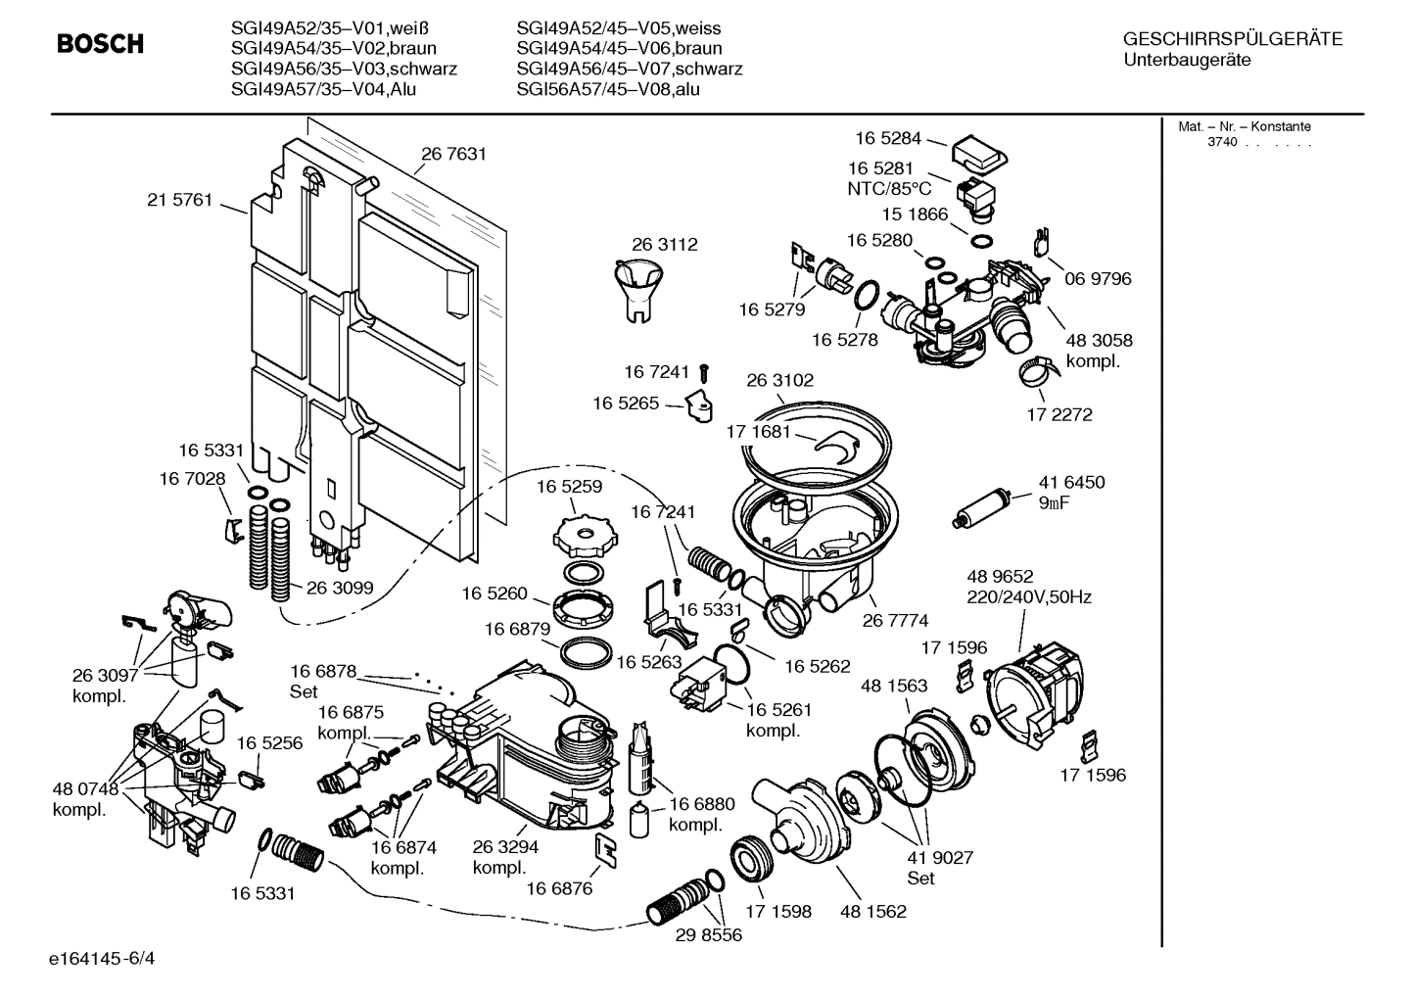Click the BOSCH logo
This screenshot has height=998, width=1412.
click(x=100, y=44)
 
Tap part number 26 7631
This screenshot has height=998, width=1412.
click(x=453, y=154)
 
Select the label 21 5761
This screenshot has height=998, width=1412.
click(x=179, y=200)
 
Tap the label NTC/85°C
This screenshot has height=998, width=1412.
click(x=889, y=189)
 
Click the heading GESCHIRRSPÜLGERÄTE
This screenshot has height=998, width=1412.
click(x=1232, y=39)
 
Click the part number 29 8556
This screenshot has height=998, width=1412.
click(x=708, y=934)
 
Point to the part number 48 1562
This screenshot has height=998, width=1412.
click(x=872, y=911)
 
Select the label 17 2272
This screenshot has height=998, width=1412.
click(x=1059, y=414)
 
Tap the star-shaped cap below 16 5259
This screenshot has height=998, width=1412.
click(x=583, y=535)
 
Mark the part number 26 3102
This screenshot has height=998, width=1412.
click(x=779, y=380)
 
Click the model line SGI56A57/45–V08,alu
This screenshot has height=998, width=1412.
click(x=607, y=89)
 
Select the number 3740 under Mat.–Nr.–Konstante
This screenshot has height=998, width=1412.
click(x=1221, y=142)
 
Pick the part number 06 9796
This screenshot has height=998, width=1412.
click(x=1098, y=279)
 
